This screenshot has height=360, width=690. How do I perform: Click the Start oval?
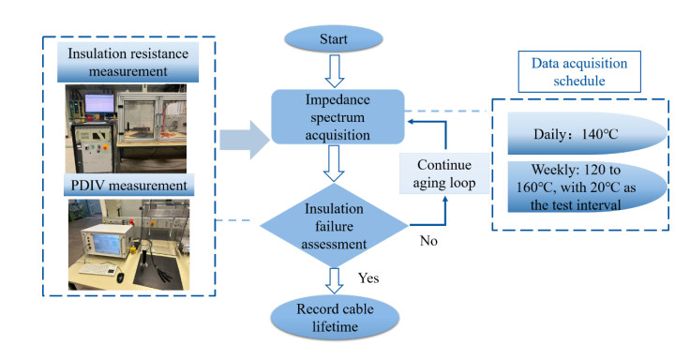[x=334, y=38]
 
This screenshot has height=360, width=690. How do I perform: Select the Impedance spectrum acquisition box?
[x=337, y=117]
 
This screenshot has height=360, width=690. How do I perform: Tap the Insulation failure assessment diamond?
[x=334, y=225]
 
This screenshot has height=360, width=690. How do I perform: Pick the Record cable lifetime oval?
[x=335, y=317]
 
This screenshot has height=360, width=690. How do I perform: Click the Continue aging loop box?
[x=444, y=173]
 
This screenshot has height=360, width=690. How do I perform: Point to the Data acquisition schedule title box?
[x=579, y=72]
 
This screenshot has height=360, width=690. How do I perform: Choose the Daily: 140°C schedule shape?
[x=587, y=133]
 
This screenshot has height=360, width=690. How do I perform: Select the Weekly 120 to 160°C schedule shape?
[x=587, y=187]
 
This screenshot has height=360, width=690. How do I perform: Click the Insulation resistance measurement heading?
[x=128, y=62]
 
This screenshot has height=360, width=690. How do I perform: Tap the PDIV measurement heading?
[x=129, y=186]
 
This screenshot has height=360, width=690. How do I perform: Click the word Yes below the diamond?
[x=368, y=278]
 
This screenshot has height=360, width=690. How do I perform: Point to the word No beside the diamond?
[x=428, y=241]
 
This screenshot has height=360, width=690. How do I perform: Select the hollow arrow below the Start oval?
[x=335, y=71]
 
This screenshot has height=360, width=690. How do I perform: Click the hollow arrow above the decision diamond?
[x=334, y=163]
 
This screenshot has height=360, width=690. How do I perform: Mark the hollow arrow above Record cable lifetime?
[x=335, y=280]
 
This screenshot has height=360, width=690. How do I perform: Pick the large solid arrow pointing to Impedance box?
[x=245, y=140]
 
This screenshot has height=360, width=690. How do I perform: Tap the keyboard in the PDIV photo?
[x=97, y=269]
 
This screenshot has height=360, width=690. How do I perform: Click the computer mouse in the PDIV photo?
[x=120, y=277]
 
